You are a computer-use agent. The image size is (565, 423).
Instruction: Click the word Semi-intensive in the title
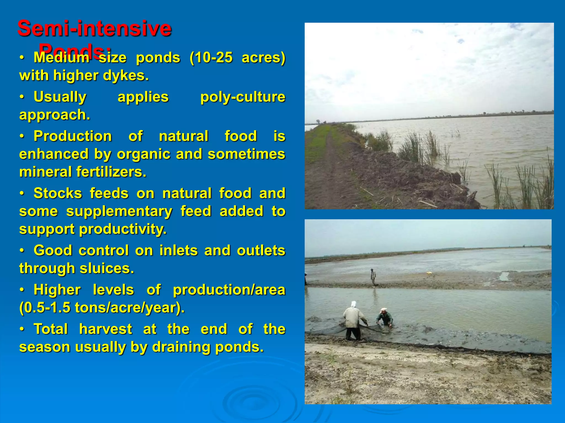point(94,28)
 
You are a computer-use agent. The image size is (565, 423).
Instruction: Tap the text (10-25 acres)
point(237,58)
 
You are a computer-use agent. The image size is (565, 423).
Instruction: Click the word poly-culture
point(242,97)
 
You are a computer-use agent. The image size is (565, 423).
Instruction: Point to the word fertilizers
point(111,172)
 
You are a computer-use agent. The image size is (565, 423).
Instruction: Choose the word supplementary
point(119,211)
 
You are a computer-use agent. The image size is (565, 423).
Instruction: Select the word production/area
point(229,290)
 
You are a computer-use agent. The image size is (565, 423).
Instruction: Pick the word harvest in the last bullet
point(106,329)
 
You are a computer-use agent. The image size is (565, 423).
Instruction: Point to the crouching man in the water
point(385,319)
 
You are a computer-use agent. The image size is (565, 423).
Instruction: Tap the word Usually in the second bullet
point(60,97)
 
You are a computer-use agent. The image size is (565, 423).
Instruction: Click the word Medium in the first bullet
point(61,58)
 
